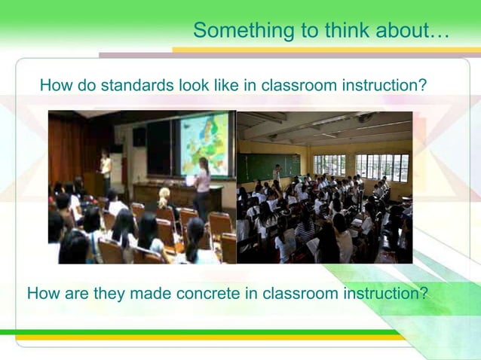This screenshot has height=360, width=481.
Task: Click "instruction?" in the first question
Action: (384, 86)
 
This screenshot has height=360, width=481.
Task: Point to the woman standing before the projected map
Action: (202, 188)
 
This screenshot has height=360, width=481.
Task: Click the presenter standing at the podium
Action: (106, 169)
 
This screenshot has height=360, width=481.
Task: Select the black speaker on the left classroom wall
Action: (139, 136)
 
